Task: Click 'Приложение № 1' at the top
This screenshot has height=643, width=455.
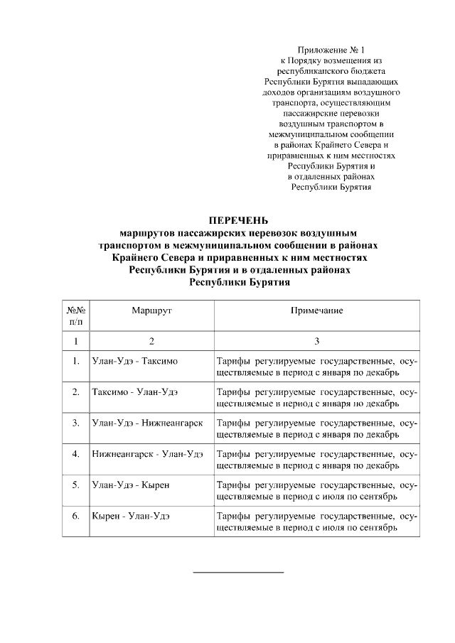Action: click(331, 50)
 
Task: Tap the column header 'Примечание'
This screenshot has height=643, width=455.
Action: click(316, 310)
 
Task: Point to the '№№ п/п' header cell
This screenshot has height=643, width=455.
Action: click(76, 316)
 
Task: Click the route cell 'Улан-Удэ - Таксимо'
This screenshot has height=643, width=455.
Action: click(135, 361)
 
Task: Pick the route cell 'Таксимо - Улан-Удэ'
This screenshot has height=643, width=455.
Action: click(135, 391)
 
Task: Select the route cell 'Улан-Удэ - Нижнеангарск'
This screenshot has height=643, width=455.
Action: click(147, 423)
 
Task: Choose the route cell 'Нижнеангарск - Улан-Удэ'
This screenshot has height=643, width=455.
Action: click(147, 453)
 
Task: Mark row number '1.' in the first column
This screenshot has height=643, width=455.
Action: click(76, 361)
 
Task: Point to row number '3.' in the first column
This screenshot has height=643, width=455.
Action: click(76, 423)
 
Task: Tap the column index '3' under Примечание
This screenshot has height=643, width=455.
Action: click(316, 341)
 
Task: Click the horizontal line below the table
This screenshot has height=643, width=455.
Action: click(239, 571)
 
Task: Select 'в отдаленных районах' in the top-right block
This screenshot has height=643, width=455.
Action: click(331, 175)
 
